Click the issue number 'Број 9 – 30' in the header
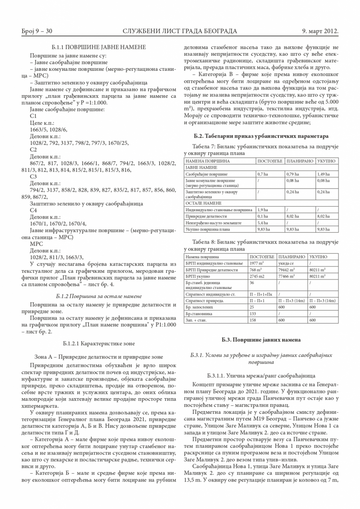click(x=37, y=31)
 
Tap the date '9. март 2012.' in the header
click(x=320, y=31)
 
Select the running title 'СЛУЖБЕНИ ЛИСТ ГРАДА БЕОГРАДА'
click(x=180, y=31)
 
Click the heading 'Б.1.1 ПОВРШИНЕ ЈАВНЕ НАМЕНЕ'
click(x=96, y=48)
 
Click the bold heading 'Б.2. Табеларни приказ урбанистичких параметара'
click(x=261, y=136)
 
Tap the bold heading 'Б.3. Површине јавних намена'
click(x=261, y=340)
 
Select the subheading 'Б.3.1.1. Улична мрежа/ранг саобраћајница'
click(x=261, y=376)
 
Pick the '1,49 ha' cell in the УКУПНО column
click(x=323, y=174)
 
